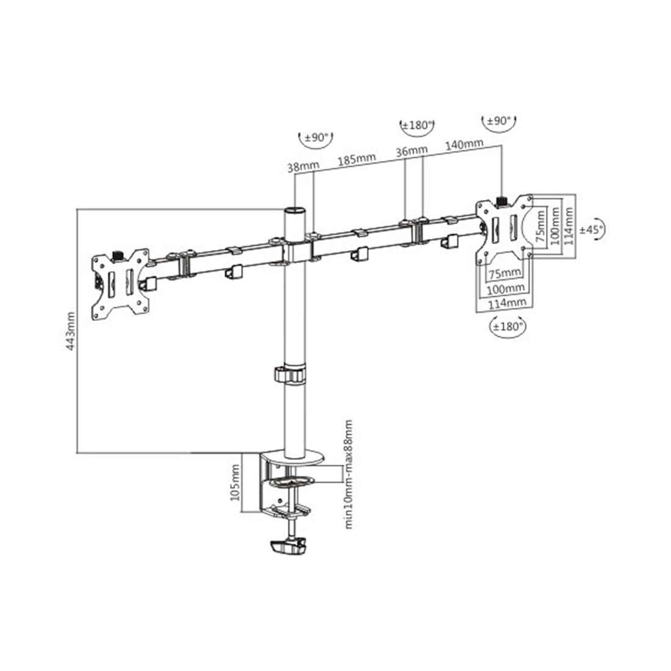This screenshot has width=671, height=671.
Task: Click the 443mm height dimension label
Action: [70, 330]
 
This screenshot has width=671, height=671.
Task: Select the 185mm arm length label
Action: [357, 160]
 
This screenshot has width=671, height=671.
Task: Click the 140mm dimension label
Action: [465, 145]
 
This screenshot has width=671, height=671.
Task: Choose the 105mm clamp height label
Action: [235, 483]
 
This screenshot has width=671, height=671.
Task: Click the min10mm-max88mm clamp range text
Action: [348, 474]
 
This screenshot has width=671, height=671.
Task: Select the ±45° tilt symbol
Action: [591, 229]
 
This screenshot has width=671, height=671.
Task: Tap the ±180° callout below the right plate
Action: [508, 326]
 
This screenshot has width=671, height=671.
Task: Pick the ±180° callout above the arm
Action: [417, 126]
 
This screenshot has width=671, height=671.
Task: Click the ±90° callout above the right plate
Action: [500, 121]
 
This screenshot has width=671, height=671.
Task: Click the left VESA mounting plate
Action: [120, 283]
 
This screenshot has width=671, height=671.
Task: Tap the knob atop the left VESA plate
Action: [117, 253]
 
